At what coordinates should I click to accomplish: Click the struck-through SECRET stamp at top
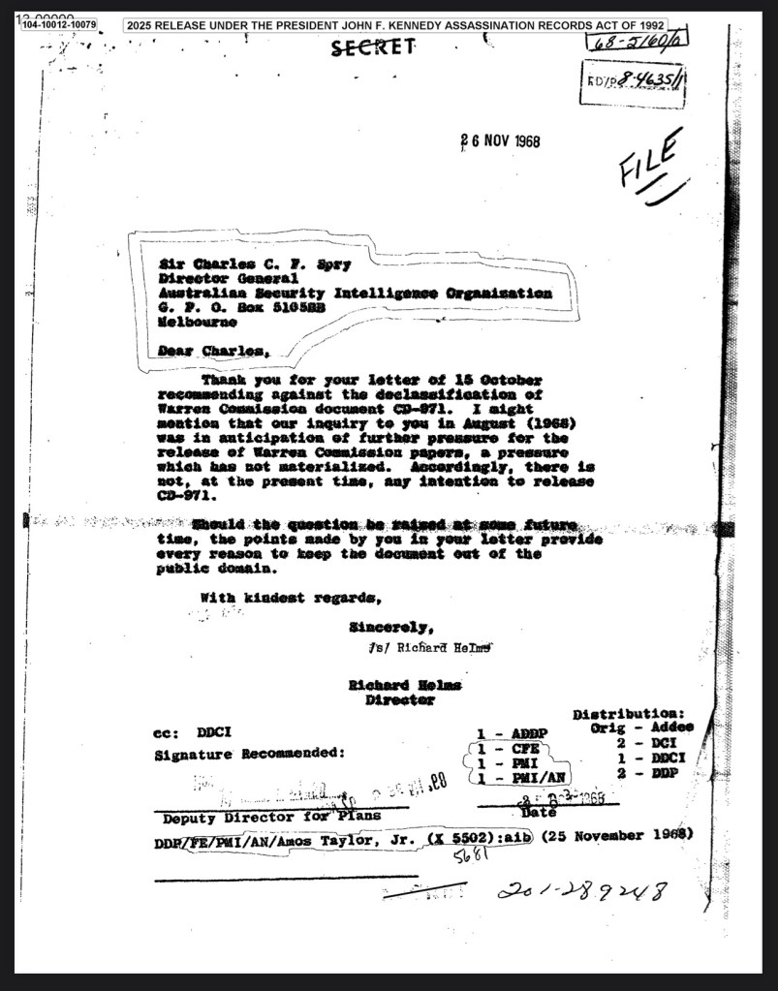(374, 47)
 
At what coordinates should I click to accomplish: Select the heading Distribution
(629, 715)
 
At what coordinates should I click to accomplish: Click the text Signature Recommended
(250, 753)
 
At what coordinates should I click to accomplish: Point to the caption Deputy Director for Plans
(271, 816)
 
